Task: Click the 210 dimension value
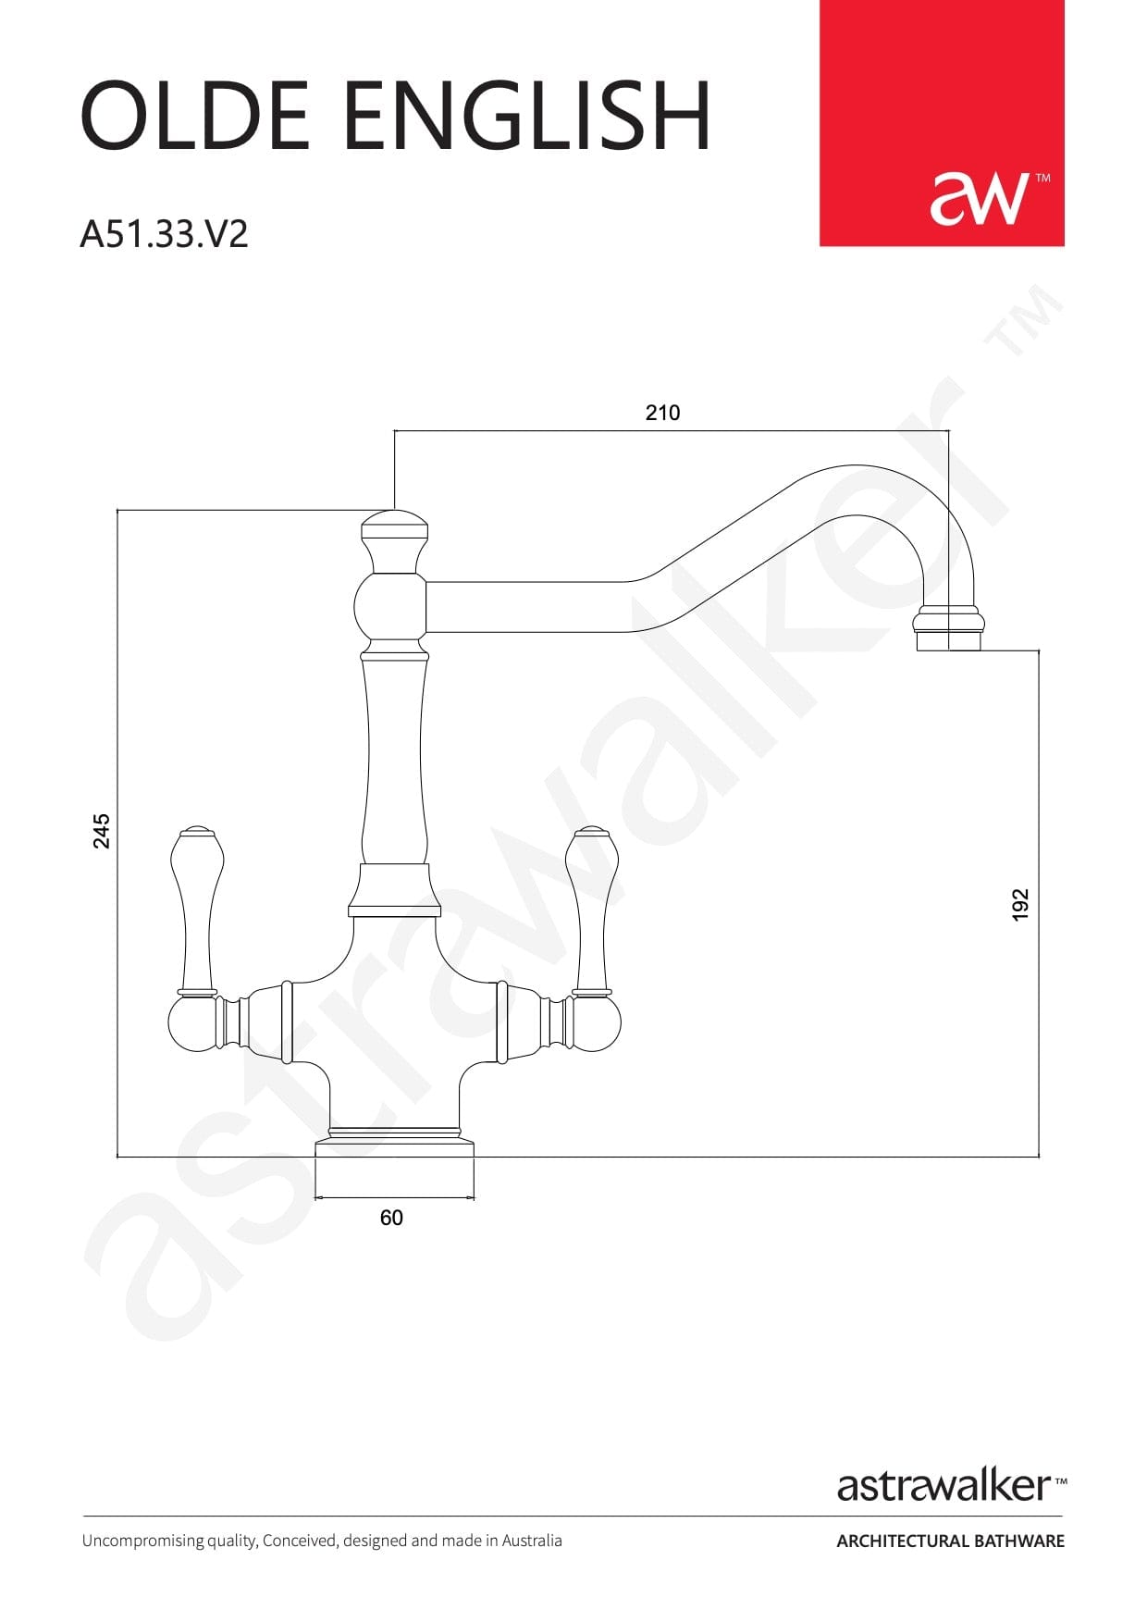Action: pyautogui.click(x=662, y=413)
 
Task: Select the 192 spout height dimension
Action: pyautogui.click(x=1019, y=904)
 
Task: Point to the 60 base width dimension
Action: pyautogui.click(x=391, y=1218)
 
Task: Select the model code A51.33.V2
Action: pyautogui.click(x=165, y=234)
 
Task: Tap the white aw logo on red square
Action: pyautogui.click(x=980, y=197)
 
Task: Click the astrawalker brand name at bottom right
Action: pyautogui.click(x=945, y=1486)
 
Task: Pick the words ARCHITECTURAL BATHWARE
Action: pyautogui.click(x=950, y=1542)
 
